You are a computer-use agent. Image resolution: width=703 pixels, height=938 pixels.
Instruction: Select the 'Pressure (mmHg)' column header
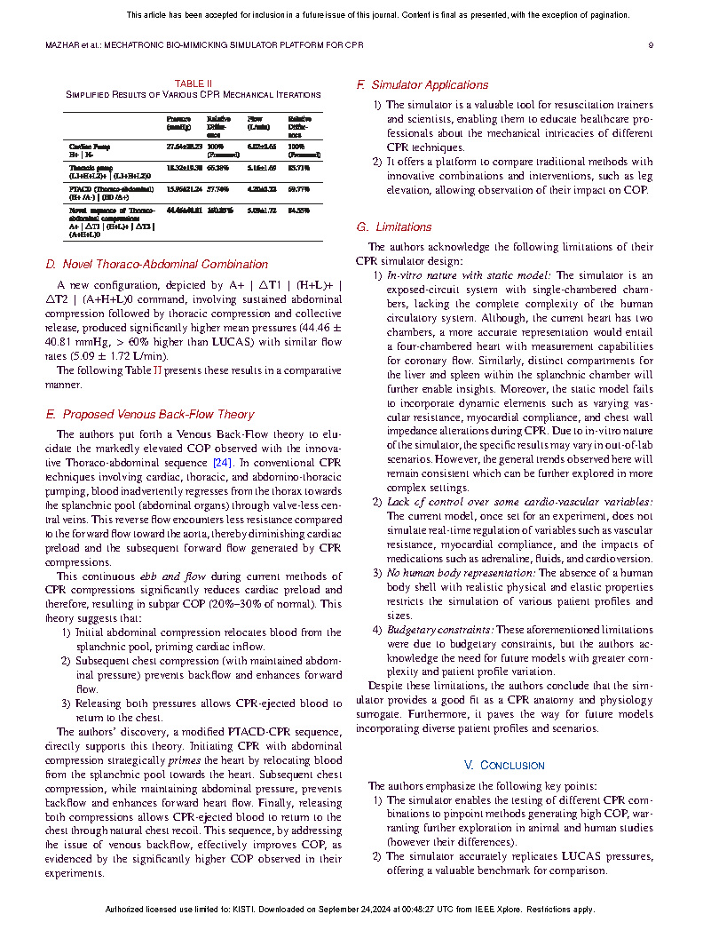[179, 123]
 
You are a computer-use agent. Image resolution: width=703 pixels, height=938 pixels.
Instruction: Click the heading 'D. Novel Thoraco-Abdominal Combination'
[156, 264]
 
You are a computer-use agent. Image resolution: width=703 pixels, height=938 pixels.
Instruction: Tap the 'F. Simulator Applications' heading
[423, 85]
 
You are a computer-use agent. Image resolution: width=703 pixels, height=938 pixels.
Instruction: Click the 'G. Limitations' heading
[394, 227]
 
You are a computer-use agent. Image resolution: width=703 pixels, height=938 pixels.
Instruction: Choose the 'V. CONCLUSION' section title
[504, 765]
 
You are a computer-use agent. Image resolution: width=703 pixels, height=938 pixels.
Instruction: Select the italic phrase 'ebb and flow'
[160, 576]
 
